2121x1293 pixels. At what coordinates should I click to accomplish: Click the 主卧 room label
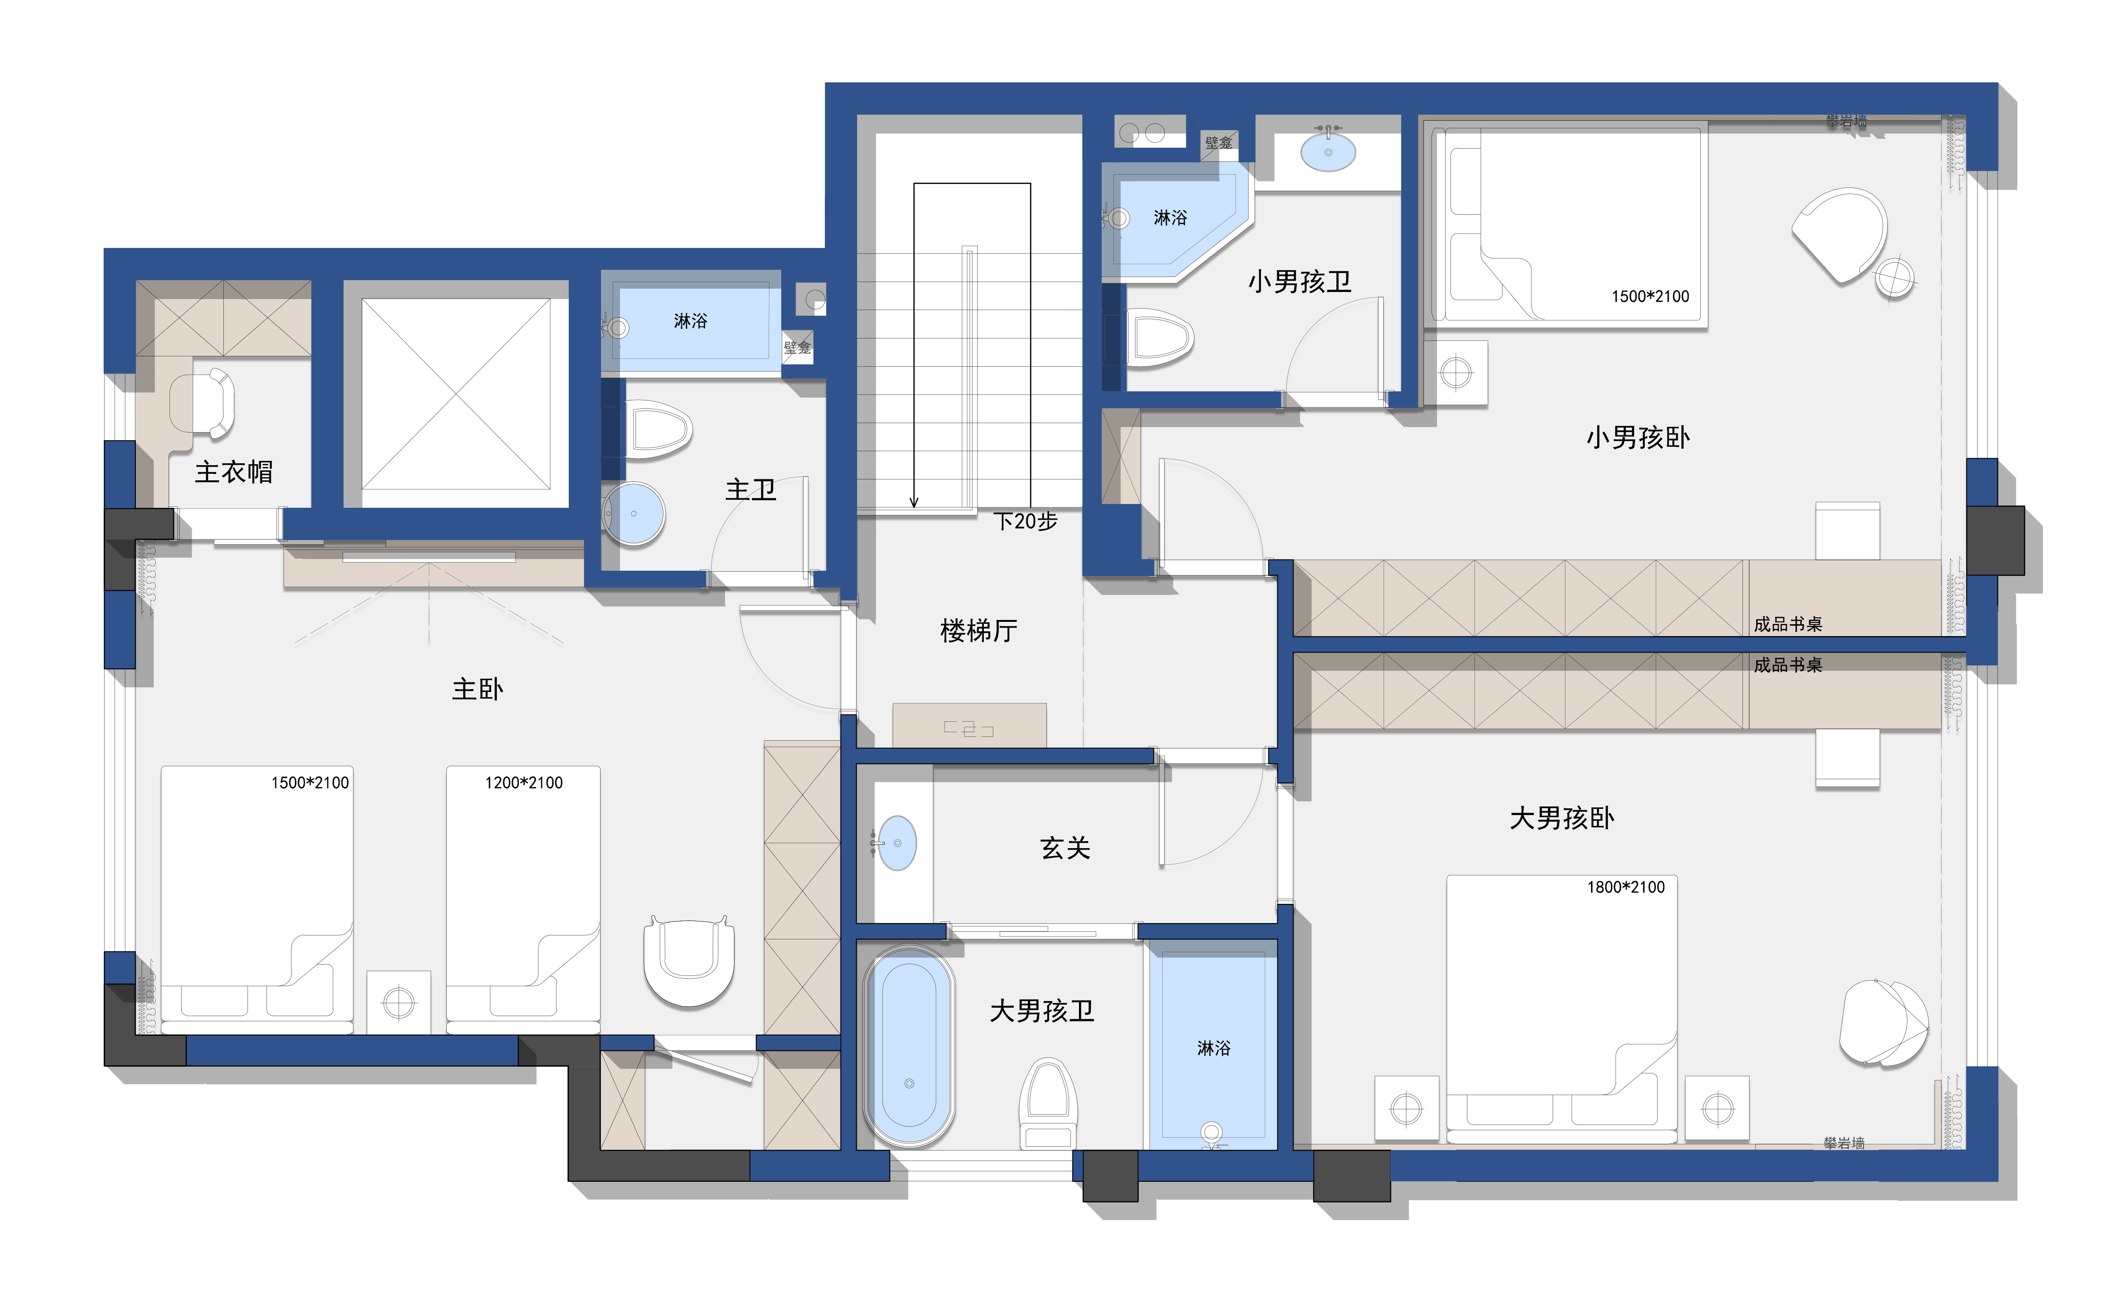click(x=478, y=689)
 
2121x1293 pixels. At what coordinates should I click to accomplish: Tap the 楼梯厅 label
click(x=979, y=631)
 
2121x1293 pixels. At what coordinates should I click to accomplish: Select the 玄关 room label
click(x=1066, y=848)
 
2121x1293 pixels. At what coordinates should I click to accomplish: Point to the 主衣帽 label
click(x=234, y=472)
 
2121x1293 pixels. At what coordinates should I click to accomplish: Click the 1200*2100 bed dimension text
click(x=523, y=782)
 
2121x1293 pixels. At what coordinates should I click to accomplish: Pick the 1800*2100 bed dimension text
click(x=1626, y=886)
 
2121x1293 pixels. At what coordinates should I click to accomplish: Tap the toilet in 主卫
click(x=659, y=430)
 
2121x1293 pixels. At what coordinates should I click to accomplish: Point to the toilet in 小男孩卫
click(x=1158, y=337)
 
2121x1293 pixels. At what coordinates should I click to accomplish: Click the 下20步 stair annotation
click(x=1025, y=522)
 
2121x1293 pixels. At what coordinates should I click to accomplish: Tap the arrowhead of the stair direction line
click(x=914, y=503)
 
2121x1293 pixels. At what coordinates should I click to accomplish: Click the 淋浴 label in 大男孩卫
click(x=1214, y=1048)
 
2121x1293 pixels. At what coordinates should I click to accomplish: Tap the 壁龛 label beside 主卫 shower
click(x=797, y=348)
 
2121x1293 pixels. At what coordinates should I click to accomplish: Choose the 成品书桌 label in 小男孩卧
click(x=1788, y=624)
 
